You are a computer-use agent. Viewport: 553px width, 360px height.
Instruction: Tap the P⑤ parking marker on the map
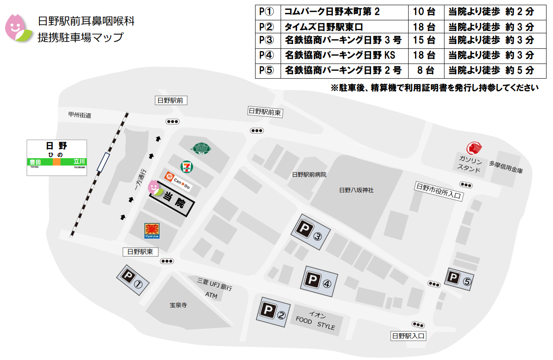tap(460, 279)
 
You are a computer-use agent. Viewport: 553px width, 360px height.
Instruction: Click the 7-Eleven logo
tap(187, 166)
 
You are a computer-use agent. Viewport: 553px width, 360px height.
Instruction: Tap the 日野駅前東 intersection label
tap(265, 112)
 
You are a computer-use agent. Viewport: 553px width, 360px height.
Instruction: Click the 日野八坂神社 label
tap(356, 190)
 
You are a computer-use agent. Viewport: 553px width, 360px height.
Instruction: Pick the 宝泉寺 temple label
tap(178, 305)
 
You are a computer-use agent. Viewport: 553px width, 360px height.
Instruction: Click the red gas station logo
tap(474, 148)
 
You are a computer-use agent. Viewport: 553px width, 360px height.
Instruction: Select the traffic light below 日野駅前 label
tap(173, 122)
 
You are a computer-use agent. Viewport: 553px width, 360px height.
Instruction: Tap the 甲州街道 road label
tap(80, 115)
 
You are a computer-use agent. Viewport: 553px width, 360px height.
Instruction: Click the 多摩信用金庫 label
tap(506, 167)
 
